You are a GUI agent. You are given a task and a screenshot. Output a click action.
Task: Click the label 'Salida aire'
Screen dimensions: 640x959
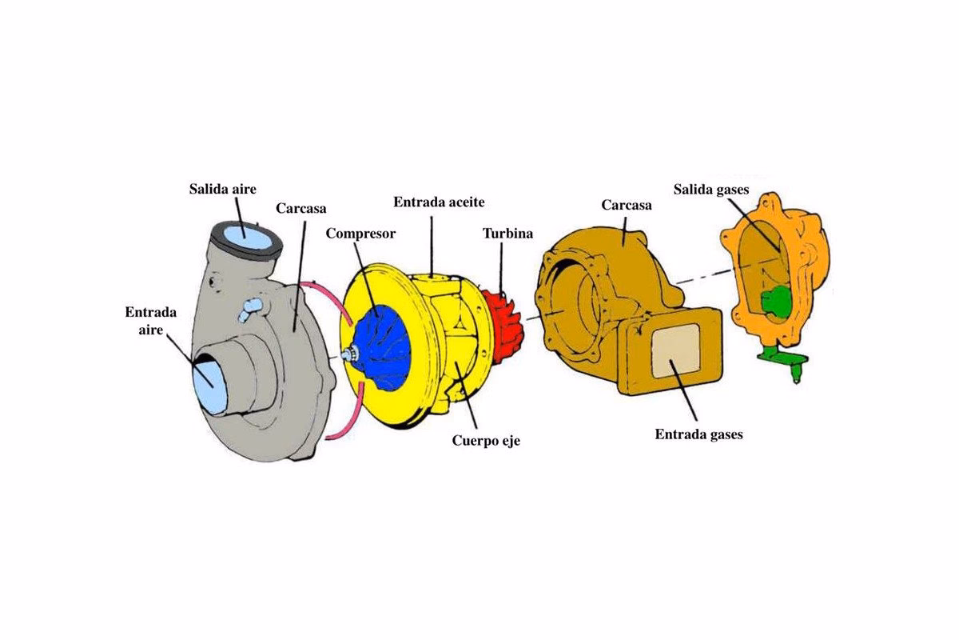pyautogui.click(x=222, y=190)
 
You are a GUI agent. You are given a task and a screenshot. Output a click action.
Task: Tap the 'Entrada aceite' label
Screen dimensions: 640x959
pyautogui.click(x=439, y=202)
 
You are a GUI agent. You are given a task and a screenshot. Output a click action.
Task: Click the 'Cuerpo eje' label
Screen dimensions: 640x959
pyautogui.click(x=486, y=439)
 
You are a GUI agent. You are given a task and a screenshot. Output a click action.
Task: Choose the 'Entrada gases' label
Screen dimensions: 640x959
pyautogui.click(x=698, y=434)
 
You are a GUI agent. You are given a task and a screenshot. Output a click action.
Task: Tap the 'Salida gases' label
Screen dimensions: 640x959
pyautogui.click(x=710, y=190)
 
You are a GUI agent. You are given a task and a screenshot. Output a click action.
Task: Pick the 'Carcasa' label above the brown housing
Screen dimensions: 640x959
pyautogui.click(x=627, y=205)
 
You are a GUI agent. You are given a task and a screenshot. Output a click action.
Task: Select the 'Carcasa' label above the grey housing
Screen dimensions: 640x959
pyautogui.click(x=300, y=208)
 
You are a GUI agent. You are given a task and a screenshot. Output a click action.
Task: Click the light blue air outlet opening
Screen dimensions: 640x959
pyautogui.click(x=246, y=237)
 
